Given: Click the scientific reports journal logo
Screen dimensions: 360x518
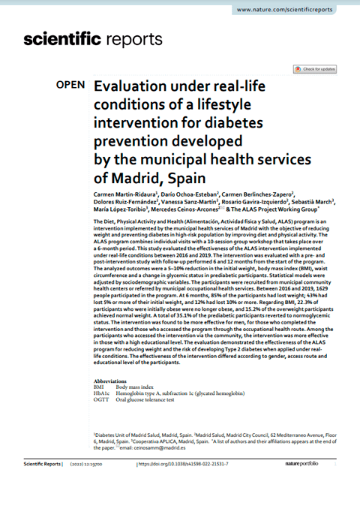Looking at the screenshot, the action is click(93, 39).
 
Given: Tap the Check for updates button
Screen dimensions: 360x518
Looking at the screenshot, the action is click(314, 69).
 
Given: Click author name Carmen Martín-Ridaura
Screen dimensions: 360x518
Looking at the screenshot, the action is click(124, 194).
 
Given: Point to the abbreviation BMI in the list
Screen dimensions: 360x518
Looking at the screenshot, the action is click(100, 387).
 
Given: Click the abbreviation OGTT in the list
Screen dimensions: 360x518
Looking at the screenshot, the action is click(102, 399).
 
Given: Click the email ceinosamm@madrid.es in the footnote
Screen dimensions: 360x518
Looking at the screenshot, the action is click(142, 447).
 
